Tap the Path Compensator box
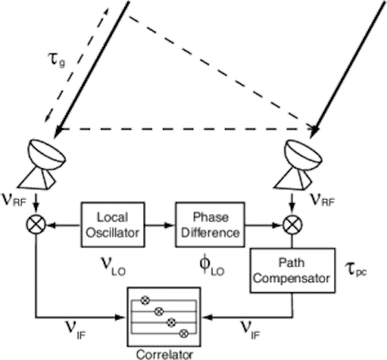(x=292, y=270)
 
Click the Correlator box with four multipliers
(x=164, y=315)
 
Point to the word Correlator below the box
(x=164, y=354)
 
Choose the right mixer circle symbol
(x=292, y=225)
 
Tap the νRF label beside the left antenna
(x=13, y=199)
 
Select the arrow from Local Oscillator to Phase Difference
(x=160, y=225)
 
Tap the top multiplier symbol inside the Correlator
(x=144, y=300)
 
